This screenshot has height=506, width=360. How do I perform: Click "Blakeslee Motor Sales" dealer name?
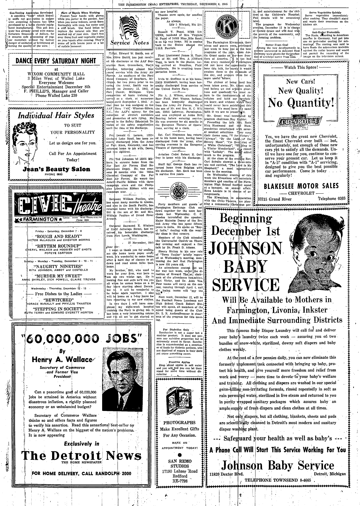click(301, 186)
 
